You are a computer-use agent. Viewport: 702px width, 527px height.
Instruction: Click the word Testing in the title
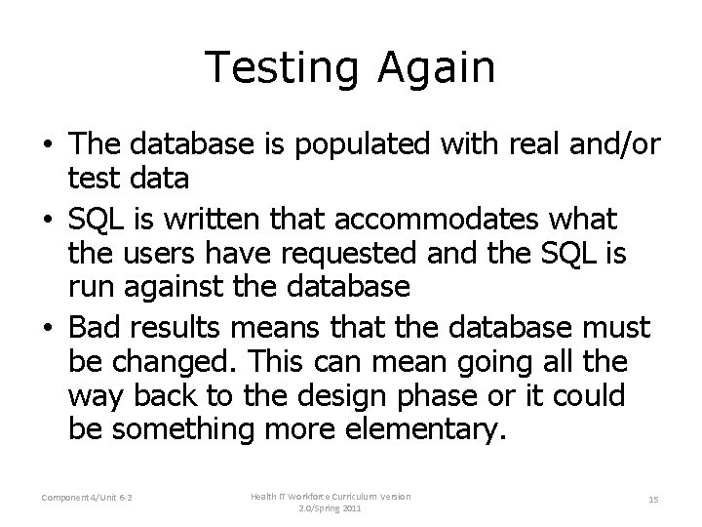[x=284, y=68]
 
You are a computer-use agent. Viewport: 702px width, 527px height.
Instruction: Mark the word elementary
[x=431, y=430]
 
